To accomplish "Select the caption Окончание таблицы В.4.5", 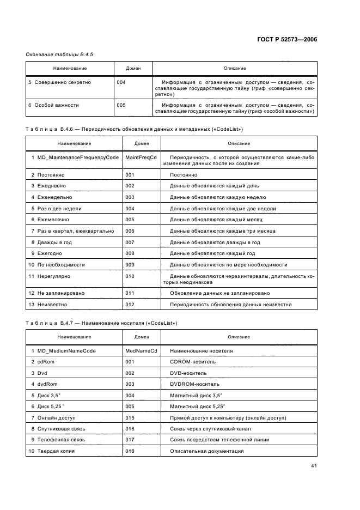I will tap(56, 55).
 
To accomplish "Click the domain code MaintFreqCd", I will tap(141, 157).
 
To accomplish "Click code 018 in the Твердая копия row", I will tap(130, 451).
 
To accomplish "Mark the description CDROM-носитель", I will tap(193, 362).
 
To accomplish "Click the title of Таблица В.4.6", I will tap(134, 129).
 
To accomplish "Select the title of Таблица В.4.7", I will tap(101, 323).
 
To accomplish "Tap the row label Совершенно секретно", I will tap(63, 82).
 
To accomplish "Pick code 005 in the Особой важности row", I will tap(121, 105).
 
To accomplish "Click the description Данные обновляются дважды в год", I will tap(215, 242).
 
